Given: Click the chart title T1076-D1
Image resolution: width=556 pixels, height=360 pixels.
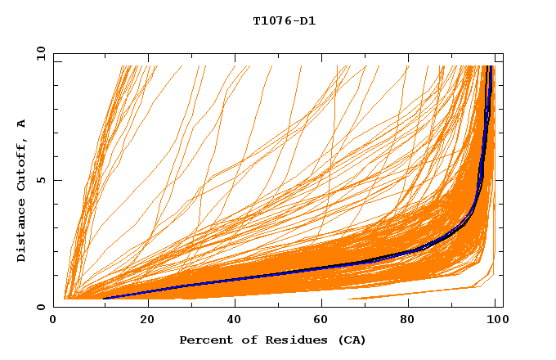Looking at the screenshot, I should (284, 20).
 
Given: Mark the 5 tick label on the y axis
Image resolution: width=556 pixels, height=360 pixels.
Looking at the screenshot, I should (40, 180).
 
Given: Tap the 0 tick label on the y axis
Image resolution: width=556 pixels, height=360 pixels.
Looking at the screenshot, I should (40, 307).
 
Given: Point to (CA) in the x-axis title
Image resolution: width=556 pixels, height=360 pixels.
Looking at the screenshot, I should (350, 340).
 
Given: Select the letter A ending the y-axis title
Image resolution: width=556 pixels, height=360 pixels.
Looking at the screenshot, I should (22, 123).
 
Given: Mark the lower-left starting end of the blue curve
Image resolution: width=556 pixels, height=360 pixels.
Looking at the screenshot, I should (105, 299).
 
